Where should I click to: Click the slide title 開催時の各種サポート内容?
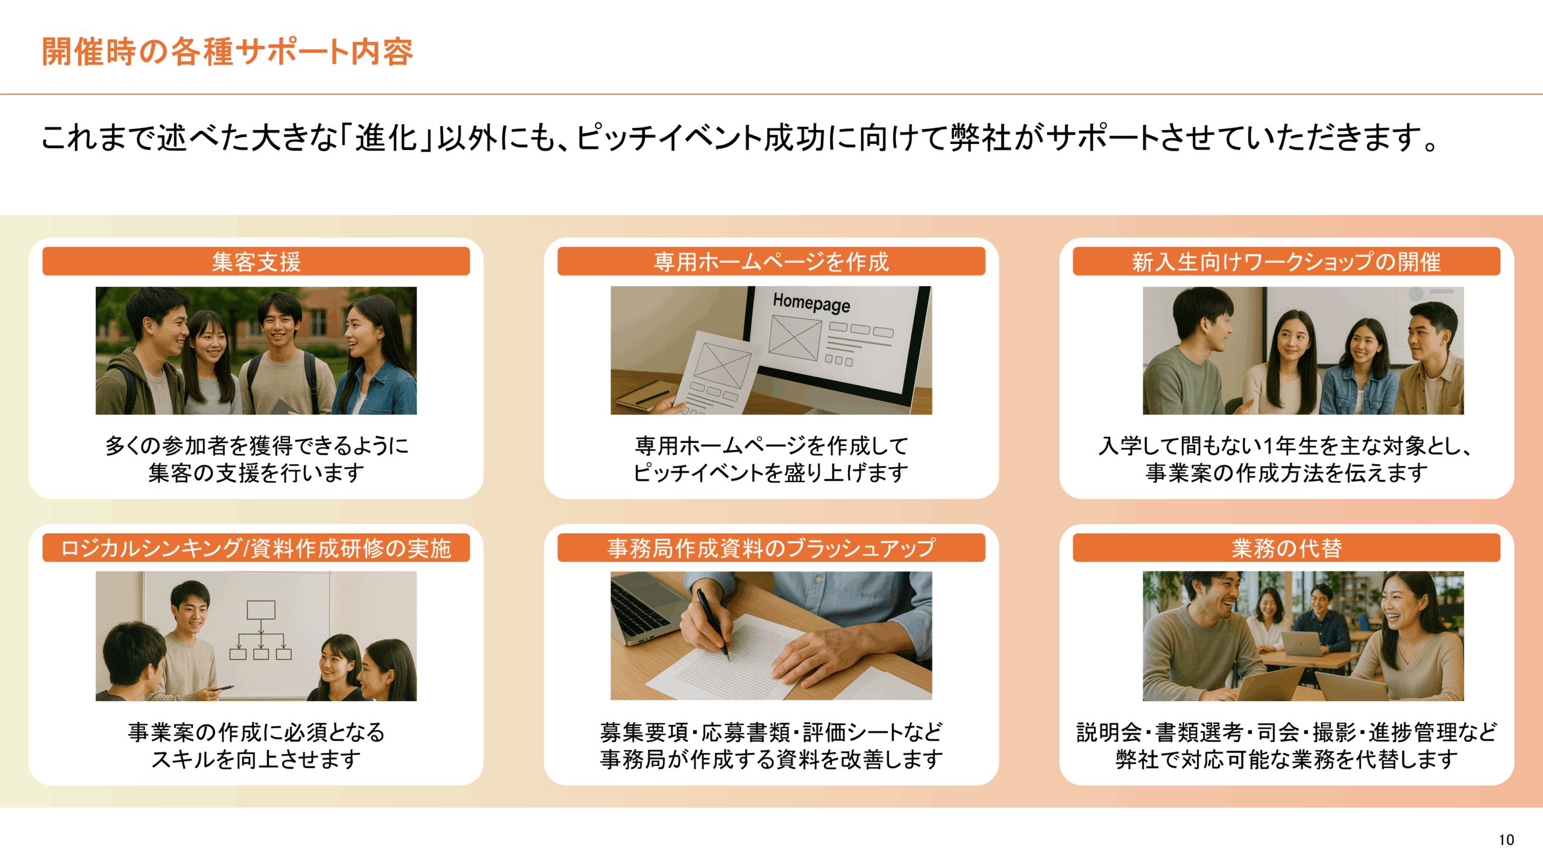coord(227,52)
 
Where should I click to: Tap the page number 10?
coord(1506,840)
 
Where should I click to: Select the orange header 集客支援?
coord(256,262)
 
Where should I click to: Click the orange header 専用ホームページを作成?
coord(771,262)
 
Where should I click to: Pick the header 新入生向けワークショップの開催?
coord(1286,262)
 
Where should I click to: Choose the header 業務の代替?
coord(1286,548)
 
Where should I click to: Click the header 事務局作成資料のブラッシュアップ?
coord(771,548)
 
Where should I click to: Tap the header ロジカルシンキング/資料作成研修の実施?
coord(256,548)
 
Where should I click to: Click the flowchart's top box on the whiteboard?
coord(261,609)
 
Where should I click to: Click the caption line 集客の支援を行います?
coord(256,473)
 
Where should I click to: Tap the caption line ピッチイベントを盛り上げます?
coord(771,473)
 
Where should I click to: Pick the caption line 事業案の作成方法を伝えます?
coord(1286,473)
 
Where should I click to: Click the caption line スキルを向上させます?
coord(256,759)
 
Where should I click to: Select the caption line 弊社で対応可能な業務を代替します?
coord(1286,759)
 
